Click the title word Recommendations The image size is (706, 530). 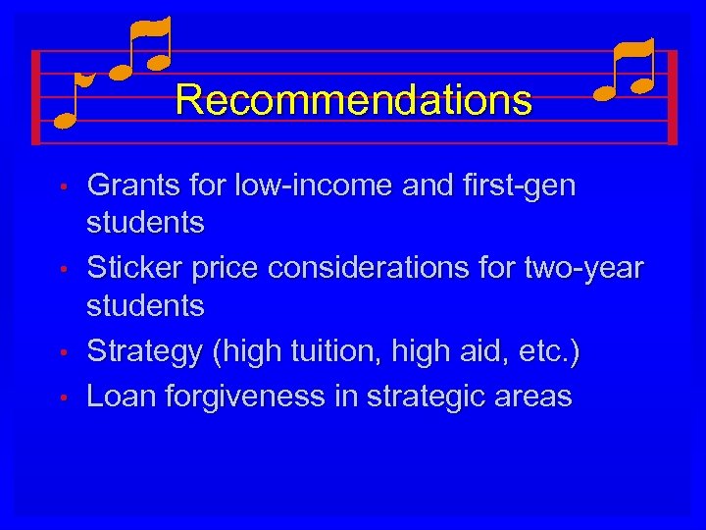[354, 100]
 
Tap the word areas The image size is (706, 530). [537, 396]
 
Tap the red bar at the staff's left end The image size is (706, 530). [36, 97]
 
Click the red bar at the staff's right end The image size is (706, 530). [673, 97]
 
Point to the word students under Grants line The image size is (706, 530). [146, 223]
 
